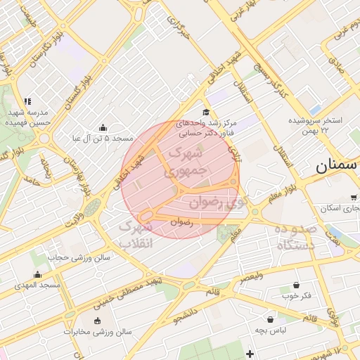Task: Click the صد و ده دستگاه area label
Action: pos(296,238)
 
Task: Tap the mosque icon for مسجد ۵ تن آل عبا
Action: pos(103,127)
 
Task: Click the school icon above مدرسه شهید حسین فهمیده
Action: pos(27,101)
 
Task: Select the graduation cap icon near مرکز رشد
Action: pos(205,112)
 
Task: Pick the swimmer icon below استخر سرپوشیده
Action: pos(324,129)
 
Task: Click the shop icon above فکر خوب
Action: pos(296,285)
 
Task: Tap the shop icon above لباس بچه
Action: pos(271,319)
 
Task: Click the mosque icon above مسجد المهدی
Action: pos(37,274)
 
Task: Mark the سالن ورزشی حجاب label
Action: pos(79,257)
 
